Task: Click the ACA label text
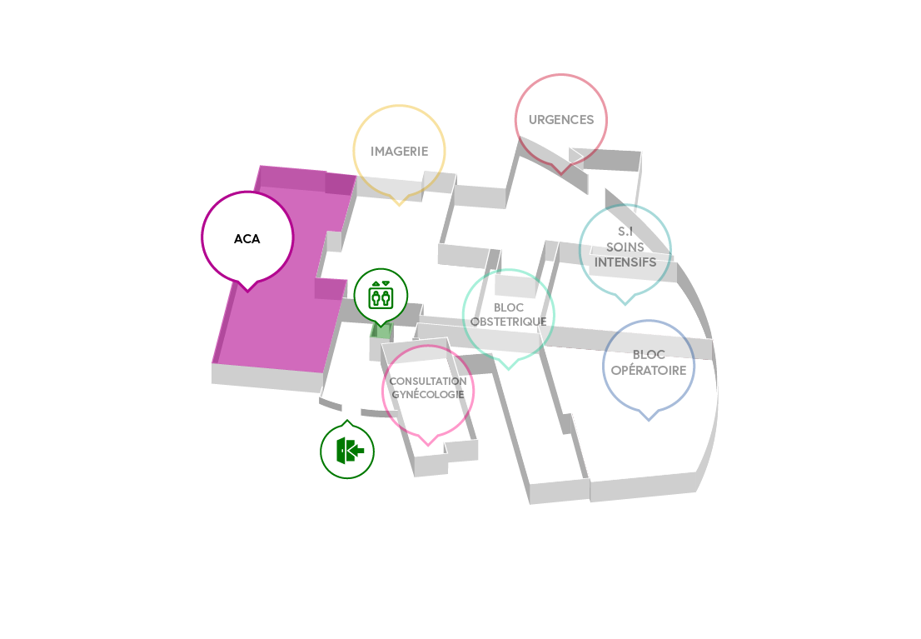[x=246, y=238]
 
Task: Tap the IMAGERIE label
[x=400, y=152]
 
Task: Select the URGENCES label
[x=561, y=120]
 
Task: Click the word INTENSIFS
[x=625, y=262]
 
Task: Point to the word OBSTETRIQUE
[x=509, y=322]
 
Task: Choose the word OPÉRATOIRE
[x=649, y=371]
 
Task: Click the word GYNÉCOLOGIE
[x=428, y=394]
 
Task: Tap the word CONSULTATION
[x=428, y=381]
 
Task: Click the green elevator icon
[x=381, y=295]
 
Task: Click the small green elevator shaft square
[x=381, y=331]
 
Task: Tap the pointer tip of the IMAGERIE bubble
[x=400, y=205]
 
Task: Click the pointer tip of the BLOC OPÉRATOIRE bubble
[x=649, y=420]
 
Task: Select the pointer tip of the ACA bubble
[x=248, y=291]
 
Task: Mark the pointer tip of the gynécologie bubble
[x=428, y=445]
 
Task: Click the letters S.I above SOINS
[x=625, y=232]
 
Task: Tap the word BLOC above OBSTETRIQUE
[x=509, y=307]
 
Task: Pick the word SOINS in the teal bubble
[x=625, y=247]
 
